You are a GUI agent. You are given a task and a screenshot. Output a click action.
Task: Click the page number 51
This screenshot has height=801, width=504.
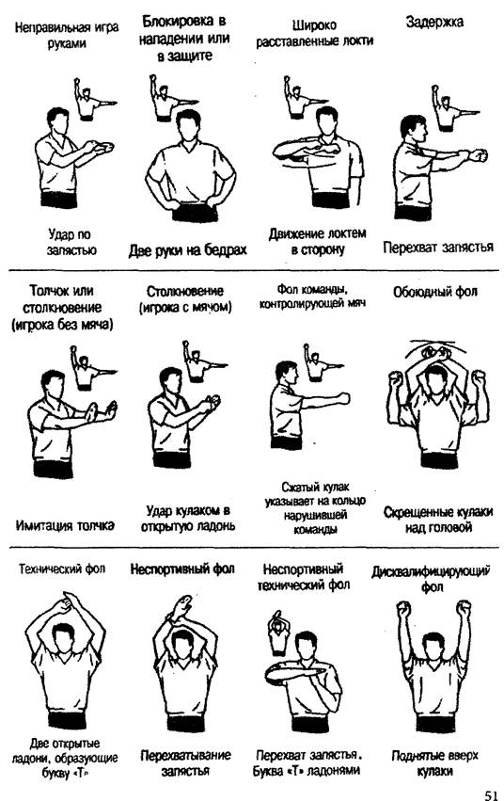point(490,794)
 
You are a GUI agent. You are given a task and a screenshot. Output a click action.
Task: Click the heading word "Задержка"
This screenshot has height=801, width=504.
point(434,23)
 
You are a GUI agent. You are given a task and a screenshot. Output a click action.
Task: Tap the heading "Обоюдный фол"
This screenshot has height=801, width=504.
point(435,292)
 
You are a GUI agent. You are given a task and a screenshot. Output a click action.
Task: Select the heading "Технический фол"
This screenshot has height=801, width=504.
point(62,569)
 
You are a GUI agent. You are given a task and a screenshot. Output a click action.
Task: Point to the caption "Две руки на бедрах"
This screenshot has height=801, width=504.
point(187,249)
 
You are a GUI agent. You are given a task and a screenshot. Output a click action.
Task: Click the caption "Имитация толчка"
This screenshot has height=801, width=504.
point(65,524)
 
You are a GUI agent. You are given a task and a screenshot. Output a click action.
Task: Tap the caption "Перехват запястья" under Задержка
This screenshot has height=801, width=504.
point(438,248)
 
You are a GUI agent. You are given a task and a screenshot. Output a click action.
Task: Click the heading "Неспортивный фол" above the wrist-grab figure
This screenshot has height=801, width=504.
point(182,569)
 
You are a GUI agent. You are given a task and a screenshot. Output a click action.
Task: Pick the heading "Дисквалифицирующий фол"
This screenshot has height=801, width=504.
point(431,578)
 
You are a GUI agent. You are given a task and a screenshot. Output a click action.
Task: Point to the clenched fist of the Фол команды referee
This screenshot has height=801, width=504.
point(343,398)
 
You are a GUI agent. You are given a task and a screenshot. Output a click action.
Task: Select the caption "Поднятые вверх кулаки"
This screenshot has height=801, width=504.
point(434,762)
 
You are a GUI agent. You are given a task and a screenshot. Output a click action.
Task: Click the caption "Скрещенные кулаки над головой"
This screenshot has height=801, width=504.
point(438,520)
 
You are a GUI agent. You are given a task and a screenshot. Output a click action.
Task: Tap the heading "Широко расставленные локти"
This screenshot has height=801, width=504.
point(315,33)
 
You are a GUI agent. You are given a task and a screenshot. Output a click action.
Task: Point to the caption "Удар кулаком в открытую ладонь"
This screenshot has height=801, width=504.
point(188,518)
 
